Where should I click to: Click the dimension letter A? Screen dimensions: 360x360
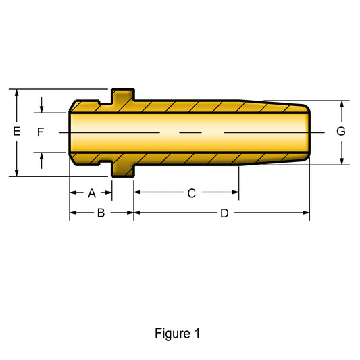pyautogui.click(x=92, y=193)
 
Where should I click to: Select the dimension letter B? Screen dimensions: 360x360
pyautogui.click(x=101, y=213)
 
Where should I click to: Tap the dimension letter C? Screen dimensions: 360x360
pyautogui.click(x=192, y=193)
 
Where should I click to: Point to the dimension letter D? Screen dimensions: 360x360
pyautogui.click(x=224, y=213)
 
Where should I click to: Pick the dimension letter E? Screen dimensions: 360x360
pyautogui.click(x=16, y=131)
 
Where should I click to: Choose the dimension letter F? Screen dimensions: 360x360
pyautogui.click(x=41, y=132)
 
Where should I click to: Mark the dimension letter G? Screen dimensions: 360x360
pyautogui.click(x=341, y=131)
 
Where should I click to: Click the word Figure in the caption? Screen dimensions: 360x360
pyautogui.click(x=172, y=334)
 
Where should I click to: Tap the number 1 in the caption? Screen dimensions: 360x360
pyautogui.click(x=197, y=333)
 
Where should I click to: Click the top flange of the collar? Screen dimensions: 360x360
pyautogui.click(x=123, y=95)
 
